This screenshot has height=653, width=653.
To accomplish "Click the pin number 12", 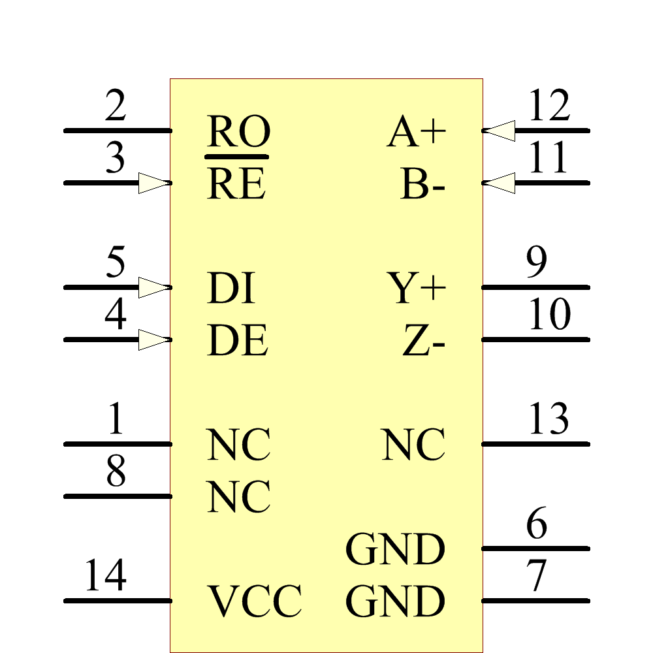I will tap(549, 106).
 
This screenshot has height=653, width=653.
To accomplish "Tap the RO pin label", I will tap(238, 133).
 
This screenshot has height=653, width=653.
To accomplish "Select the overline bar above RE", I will tap(236, 157).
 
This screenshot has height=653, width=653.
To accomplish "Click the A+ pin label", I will tap(417, 133).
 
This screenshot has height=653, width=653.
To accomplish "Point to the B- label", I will tap(422, 185).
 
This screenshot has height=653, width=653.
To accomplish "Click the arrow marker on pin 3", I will tap(155, 183).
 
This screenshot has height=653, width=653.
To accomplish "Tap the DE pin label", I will tap(237, 342).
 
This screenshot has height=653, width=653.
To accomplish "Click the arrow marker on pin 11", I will tap(500, 183).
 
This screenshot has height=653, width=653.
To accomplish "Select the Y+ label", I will tap(417, 289).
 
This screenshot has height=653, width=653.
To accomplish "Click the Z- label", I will tap(424, 342).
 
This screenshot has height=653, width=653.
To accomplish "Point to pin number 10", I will tap(549, 315).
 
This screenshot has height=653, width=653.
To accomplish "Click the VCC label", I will tap(255, 601).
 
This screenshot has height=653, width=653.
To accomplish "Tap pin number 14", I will tap(105, 576).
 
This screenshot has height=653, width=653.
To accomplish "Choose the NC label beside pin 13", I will tap(414, 446).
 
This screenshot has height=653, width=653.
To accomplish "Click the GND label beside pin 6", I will tap(395, 550).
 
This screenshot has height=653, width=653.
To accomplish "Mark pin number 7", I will tap(536, 577).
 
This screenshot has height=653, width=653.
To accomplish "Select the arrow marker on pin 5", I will tap(155, 287).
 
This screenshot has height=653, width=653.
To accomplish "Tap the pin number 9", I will tap(536, 263).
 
